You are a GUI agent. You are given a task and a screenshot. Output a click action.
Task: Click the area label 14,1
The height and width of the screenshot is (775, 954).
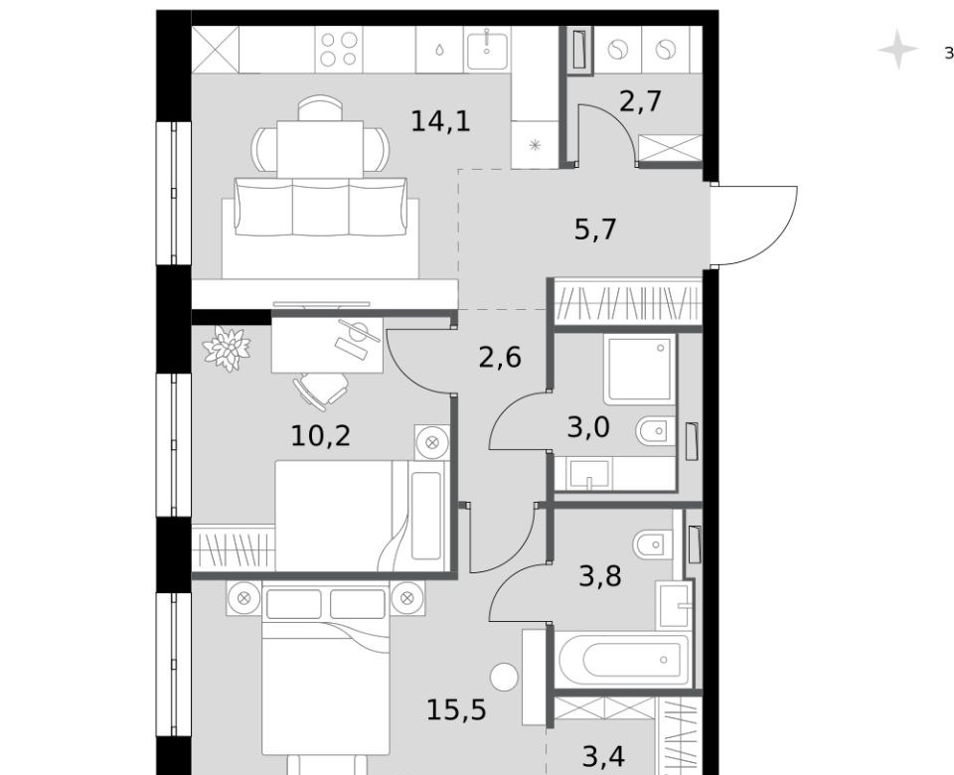[x=441, y=121]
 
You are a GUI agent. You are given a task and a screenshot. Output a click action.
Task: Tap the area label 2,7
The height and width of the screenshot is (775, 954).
[x=640, y=101]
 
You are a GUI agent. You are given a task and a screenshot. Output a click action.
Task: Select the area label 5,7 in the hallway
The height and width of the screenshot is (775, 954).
[x=595, y=230]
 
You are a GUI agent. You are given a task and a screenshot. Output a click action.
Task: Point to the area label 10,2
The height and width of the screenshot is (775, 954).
[x=321, y=435]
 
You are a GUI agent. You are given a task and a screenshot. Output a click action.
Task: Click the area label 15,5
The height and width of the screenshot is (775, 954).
[x=456, y=709]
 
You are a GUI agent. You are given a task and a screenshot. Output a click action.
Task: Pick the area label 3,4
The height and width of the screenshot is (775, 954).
[x=603, y=757]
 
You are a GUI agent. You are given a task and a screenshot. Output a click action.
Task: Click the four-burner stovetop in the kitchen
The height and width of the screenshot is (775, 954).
[x=339, y=50]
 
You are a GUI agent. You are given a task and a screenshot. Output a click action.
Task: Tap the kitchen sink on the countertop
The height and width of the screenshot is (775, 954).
[x=487, y=50]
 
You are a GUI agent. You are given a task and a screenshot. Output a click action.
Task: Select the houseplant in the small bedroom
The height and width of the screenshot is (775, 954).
[x=227, y=349]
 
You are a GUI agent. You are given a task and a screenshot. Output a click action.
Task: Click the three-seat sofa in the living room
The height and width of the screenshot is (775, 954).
[x=321, y=207]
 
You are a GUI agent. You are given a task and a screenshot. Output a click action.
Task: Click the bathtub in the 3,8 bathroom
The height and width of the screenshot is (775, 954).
[x=624, y=660]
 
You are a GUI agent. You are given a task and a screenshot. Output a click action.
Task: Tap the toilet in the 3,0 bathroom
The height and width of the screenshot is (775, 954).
[x=656, y=431]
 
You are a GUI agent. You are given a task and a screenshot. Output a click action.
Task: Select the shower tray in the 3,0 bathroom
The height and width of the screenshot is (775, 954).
[x=640, y=370]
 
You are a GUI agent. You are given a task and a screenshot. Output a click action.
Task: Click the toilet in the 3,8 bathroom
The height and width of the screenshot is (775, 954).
[x=652, y=544]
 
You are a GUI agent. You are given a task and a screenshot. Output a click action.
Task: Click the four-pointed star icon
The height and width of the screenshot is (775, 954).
[x=898, y=50]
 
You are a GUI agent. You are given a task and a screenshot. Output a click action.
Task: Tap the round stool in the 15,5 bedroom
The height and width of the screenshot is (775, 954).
[x=504, y=677]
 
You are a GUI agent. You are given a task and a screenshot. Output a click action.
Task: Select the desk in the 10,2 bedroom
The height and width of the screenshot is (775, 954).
[x=327, y=345]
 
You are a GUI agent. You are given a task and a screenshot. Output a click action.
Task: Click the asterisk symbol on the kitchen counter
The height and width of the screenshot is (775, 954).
[x=535, y=145]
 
